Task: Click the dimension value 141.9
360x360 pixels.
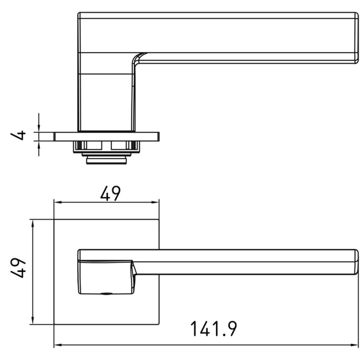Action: pyautogui.click(x=213, y=329)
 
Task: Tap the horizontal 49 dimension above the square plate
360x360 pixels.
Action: pyautogui.click(x=110, y=194)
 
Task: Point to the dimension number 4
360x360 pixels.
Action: pyautogui.click(x=18, y=135)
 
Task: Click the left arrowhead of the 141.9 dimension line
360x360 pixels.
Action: pyautogui.click(x=57, y=345)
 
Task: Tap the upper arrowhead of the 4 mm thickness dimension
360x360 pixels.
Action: pyautogui.click(x=39, y=129)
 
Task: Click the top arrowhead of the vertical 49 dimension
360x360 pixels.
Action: pyautogui.click(x=33, y=223)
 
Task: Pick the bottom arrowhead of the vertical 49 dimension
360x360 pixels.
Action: pyautogui.click(x=33, y=321)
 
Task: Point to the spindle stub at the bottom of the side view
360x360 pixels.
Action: pyautogui.click(x=106, y=160)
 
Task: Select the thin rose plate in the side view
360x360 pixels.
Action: pyautogui.click(x=107, y=136)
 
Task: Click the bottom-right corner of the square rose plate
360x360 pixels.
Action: pyautogui.click(x=159, y=324)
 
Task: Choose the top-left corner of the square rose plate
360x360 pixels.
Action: pyautogui.click(x=54, y=220)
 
